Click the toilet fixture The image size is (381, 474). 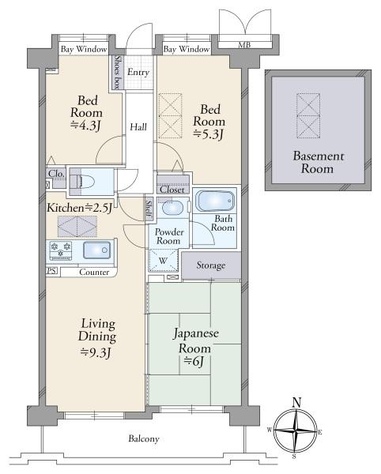click(82, 182)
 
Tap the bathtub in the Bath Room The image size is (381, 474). click(215, 201)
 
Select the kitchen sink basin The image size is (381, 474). click(96, 250)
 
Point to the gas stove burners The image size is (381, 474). click(61, 250)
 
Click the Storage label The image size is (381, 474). click(211, 265)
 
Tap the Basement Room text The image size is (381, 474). click(318, 162)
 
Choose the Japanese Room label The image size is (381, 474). click(195, 340)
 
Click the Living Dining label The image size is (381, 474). click(97, 330)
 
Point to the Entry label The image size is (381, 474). click(138, 72)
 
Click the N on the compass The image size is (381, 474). click(297, 402)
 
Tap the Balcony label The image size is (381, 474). click(144, 438)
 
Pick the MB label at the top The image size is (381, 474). click(244, 45)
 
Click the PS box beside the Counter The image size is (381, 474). click(51, 270)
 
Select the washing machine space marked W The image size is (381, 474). click(164, 260)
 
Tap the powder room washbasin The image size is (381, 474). click(172, 208)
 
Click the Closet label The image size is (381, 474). click(172, 190)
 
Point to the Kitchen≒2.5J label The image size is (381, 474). click(80, 208)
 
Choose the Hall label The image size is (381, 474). click(138, 127)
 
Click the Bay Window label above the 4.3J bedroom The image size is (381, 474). click(84, 49)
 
